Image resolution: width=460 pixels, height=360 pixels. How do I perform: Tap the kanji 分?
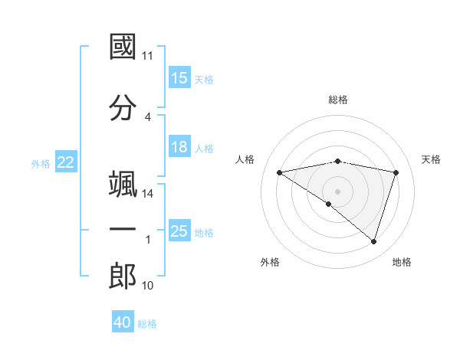(123, 106)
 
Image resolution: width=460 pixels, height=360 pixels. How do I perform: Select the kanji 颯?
(123, 185)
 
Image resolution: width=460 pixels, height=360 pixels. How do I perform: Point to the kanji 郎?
(123, 277)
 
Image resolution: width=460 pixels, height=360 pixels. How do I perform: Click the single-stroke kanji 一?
(123, 230)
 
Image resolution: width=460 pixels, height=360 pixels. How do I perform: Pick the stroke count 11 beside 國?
(149, 56)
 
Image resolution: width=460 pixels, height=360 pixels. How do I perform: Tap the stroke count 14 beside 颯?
(149, 194)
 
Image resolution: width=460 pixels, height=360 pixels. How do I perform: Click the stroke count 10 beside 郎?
(149, 286)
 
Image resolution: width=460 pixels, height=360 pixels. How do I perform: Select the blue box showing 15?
(179, 78)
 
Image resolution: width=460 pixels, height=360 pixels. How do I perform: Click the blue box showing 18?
(179, 147)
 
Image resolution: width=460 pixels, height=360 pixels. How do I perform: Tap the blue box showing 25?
(179, 231)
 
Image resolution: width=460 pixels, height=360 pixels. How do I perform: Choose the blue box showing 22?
(66, 162)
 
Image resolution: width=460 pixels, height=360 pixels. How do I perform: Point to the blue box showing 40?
(123, 322)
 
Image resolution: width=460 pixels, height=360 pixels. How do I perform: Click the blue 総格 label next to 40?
(147, 324)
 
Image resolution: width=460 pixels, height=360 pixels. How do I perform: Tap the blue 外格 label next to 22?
(41, 163)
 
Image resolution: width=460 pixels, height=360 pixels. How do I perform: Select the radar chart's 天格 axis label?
(432, 159)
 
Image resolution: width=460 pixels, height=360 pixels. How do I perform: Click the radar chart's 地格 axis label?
(402, 262)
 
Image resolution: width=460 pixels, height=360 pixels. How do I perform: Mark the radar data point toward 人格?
(280, 172)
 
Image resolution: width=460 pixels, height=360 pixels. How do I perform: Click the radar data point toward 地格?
(374, 242)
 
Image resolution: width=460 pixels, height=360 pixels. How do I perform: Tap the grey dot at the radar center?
(337, 191)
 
